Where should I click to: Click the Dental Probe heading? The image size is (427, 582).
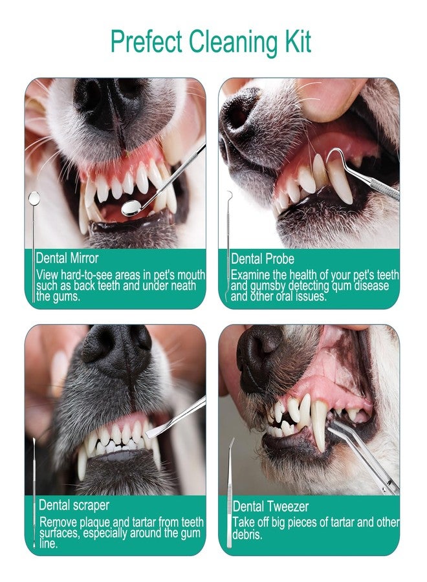pyautogui.click(x=263, y=259)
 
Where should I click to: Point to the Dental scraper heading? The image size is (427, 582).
pyautogui.click(x=74, y=504)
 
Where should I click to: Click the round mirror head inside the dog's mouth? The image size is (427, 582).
pyautogui.click(x=132, y=208)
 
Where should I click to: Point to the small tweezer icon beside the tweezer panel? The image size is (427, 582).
pyautogui.click(x=230, y=479)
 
